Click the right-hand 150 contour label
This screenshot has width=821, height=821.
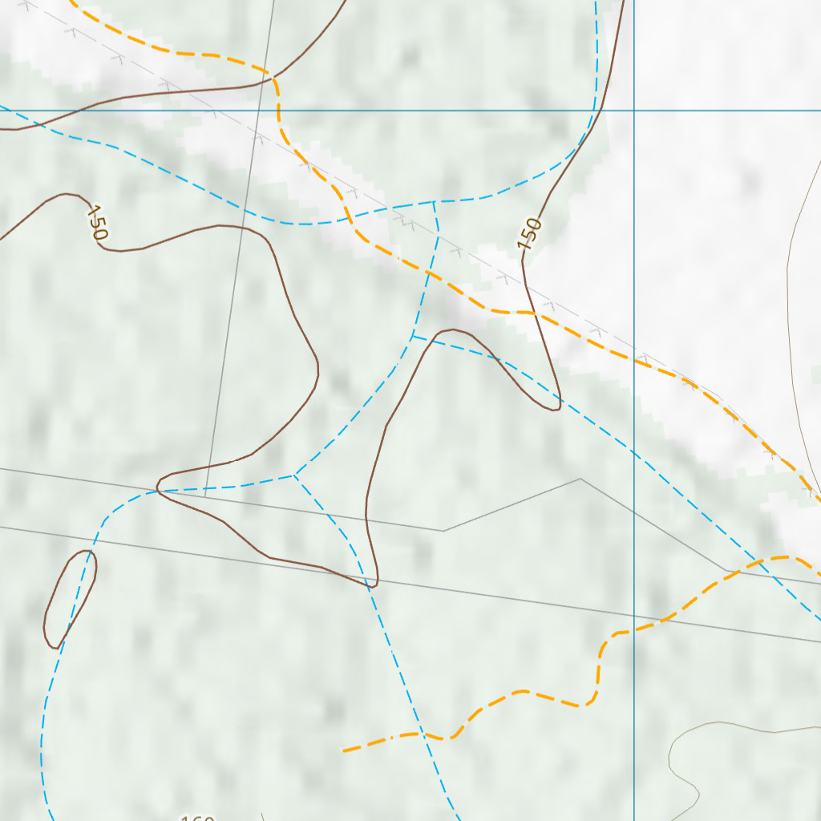pyautogui.click(x=530, y=233)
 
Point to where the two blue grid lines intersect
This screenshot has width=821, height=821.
pyautogui.click(x=634, y=111)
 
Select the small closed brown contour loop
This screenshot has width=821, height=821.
pyautogui.click(x=69, y=597)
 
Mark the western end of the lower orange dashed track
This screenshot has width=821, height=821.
pyautogui.click(x=345, y=750)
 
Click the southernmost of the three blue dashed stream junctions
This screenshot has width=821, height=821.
pyautogui.click(x=294, y=475)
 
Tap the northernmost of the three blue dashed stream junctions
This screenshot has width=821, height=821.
pyautogui.click(x=434, y=201)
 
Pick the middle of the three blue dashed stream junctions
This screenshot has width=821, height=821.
pyautogui.click(x=413, y=336)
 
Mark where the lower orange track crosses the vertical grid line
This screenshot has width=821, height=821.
pyautogui.click(x=634, y=629)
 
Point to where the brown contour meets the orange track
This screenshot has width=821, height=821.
pyautogui.click(x=274, y=78)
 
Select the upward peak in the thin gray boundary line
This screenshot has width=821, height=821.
pyautogui.click(x=580, y=479)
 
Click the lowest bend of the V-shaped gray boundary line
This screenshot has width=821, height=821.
pyautogui.click(x=444, y=530)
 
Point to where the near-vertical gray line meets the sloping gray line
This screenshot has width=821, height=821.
pyautogui.click(x=205, y=495)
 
